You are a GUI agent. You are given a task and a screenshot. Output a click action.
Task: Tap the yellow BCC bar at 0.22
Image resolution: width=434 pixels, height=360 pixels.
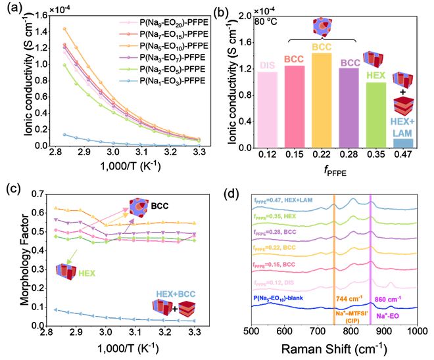coord(322,99)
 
